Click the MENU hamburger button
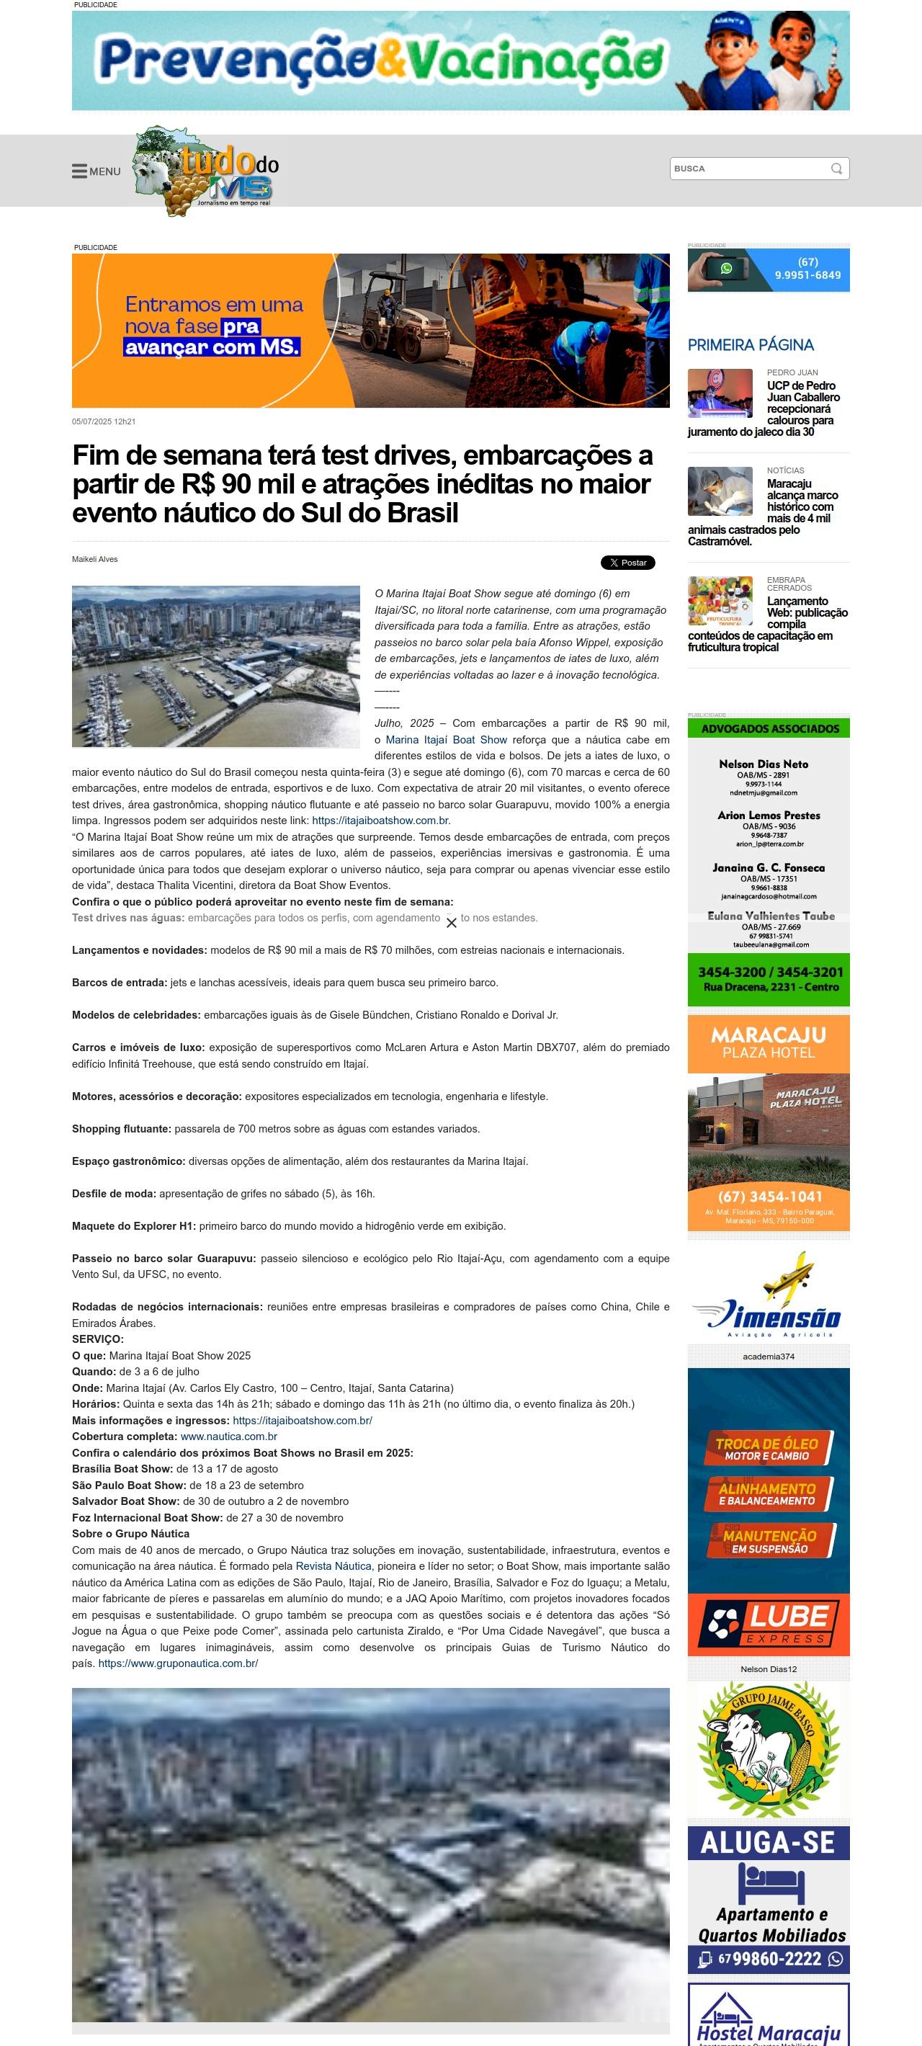95,171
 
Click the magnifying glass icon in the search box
836,169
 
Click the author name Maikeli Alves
94,559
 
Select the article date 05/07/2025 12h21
104,421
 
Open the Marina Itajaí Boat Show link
446,739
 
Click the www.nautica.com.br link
229,1436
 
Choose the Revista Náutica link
333,1565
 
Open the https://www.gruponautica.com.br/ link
178,1663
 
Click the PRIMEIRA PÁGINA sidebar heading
751,344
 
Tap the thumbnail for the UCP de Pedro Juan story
720,393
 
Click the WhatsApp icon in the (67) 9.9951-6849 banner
726,269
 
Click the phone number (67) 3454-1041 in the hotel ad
769,1196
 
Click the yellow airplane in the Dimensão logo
789,1273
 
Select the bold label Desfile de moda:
115,1194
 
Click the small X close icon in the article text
451,923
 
